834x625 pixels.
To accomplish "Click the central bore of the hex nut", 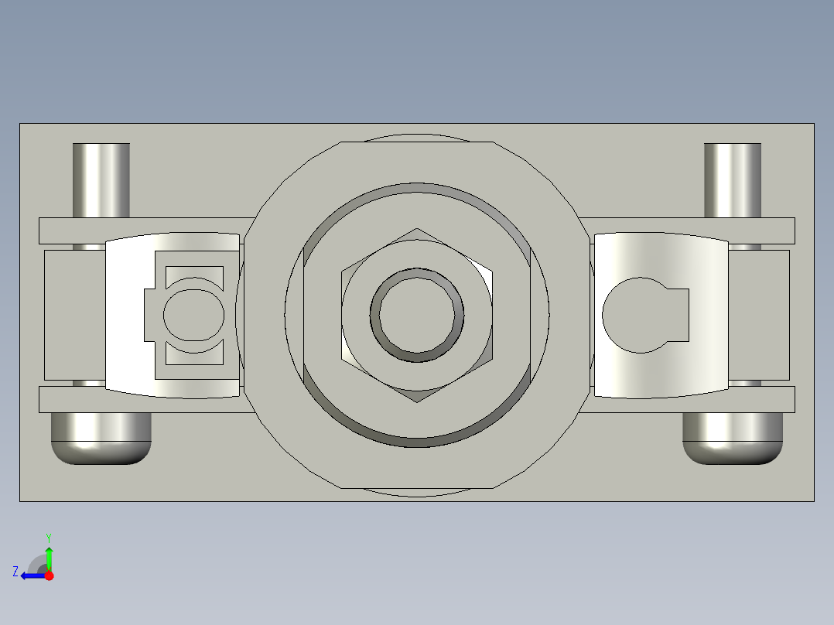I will [418, 316].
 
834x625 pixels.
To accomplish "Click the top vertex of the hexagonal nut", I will [417, 230].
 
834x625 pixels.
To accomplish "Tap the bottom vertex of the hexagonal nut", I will [417, 401].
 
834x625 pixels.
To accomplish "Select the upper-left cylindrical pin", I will [101, 179].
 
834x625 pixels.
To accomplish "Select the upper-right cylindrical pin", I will [732, 179].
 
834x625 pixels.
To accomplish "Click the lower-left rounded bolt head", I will [101, 439].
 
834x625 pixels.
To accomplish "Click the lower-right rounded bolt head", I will [733, 439].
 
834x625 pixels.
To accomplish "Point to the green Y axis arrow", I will [49, 555].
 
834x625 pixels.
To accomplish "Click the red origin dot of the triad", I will [49, 575].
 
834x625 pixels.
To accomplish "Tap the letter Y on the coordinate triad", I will [48, 536].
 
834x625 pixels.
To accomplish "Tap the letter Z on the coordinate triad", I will [15, 572].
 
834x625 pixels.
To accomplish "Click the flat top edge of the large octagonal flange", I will [417, 142].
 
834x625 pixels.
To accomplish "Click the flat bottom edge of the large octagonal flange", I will [417, 489].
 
